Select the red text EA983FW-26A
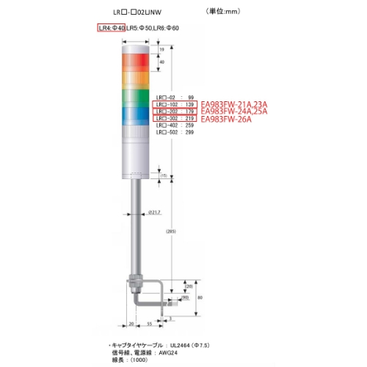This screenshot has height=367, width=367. click(x=229, y=120)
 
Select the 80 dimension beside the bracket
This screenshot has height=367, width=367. click(x=200, y=297)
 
